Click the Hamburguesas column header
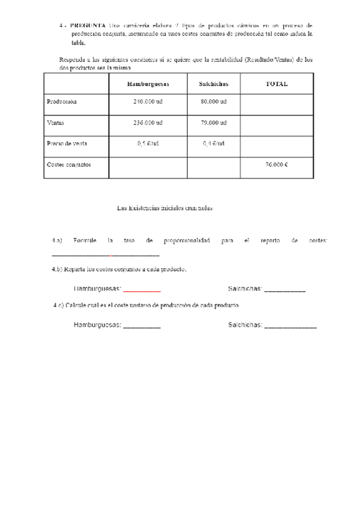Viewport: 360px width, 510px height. tap(148, 84)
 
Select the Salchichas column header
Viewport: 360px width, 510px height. tap(213, 84)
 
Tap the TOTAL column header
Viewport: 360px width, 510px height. tap(276, 84)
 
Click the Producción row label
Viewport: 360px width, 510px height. tap(62, 102)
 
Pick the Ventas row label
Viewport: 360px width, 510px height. tap(55, 123)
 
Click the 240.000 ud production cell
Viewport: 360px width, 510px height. tap(148, 102)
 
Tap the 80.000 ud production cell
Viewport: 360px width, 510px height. tap(213, 102)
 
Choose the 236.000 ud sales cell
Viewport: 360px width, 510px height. tap(148, 123)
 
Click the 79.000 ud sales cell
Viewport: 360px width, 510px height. tap(213, 123)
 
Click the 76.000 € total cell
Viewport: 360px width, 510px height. tap(276, 164)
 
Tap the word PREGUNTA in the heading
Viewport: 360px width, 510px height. tap(87, 26)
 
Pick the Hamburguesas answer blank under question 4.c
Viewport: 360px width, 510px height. tap(142, 327)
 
